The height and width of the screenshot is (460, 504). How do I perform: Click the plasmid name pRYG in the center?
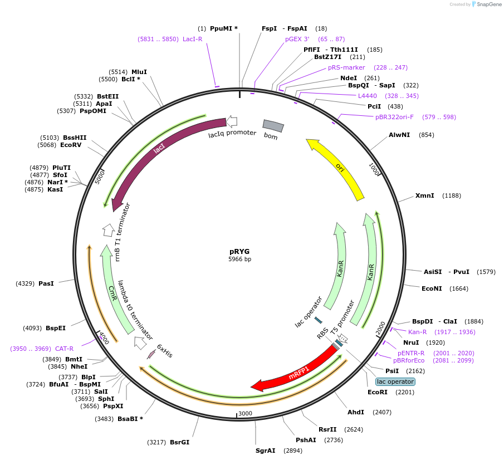[x=239, y=251]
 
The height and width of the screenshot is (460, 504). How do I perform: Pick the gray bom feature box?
[x=273, y=126]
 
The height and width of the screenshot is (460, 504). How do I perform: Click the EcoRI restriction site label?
[x=377, y=392]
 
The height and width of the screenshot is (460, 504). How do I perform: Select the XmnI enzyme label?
[x=424, y=195]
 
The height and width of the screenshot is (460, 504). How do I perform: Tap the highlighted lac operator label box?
[x=395, y=381]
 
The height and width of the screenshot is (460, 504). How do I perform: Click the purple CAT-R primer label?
[x=64, y=349]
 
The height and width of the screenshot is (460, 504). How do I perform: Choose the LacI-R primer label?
[x=192, y=39]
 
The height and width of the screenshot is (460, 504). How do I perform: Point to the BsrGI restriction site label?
[x=179, y=442]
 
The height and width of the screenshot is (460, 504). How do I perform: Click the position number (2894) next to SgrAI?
[x=293, y=451]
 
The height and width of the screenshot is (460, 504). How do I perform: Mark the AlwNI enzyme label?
[x=399, y=135]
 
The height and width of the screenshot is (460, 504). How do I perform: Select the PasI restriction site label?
[x=46, y=283]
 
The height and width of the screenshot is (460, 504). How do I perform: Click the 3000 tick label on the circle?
[x=246, y=413]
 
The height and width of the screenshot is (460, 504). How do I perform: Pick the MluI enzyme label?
[x=139, y=72]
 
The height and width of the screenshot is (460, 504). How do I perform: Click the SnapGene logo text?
[x=488, y=4]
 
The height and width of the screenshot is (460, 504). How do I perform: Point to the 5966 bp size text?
[x=239, y=260]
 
